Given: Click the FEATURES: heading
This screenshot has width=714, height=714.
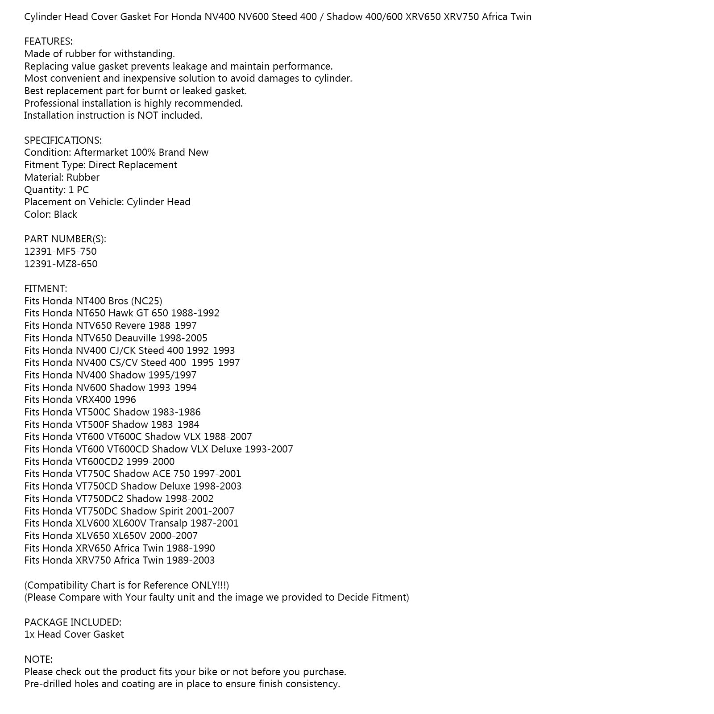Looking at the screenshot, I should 48,42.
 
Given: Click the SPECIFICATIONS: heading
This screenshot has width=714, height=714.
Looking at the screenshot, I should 63,140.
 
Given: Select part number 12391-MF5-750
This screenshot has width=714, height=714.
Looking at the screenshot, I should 60,251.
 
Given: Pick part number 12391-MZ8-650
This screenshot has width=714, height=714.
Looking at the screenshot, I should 61,264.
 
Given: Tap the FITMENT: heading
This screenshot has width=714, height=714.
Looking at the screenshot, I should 46,288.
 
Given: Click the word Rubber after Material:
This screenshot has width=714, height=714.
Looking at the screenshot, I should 83,177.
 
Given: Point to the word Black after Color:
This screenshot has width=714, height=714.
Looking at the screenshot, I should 66,214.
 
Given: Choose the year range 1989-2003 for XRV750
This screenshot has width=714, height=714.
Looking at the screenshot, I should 191,560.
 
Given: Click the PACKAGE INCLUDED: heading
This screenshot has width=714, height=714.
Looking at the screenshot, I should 73,622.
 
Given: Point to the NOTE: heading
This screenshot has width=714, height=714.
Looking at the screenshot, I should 38,659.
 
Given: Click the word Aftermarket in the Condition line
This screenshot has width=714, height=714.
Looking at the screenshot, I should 101,153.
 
